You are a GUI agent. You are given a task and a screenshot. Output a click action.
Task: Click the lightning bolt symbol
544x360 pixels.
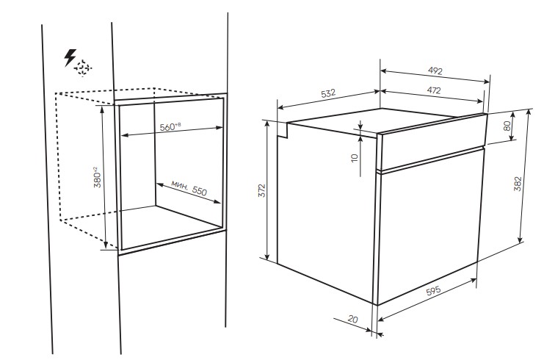[70, 57]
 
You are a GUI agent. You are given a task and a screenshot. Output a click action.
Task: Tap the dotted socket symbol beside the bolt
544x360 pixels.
[83, 68]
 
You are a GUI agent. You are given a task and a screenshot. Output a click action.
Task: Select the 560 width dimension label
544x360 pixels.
[170, 126]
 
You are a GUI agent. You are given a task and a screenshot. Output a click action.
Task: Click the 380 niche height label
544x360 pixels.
[98, 177]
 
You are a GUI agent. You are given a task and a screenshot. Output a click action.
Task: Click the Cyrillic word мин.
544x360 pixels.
[180, 184]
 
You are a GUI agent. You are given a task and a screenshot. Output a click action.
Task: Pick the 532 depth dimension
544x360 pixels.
[328, 93]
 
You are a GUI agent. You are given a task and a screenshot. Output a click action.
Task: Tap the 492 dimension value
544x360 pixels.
[435, 71]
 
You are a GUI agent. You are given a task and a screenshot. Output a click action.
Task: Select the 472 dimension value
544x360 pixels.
[434, 90]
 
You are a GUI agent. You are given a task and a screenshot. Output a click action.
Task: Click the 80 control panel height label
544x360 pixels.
[507, 126]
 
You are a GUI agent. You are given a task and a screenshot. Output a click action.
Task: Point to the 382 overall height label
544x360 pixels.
[518, 184]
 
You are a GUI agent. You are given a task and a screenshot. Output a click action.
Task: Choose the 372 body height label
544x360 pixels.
[262, 190]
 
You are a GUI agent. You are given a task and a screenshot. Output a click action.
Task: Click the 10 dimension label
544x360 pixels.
[355, 158]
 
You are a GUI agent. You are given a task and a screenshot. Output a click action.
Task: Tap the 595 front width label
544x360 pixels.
[433, 290]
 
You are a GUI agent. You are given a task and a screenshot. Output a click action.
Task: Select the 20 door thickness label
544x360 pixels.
[352, 319]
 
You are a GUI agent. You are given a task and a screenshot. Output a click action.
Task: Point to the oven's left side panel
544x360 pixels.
[326, 212]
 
